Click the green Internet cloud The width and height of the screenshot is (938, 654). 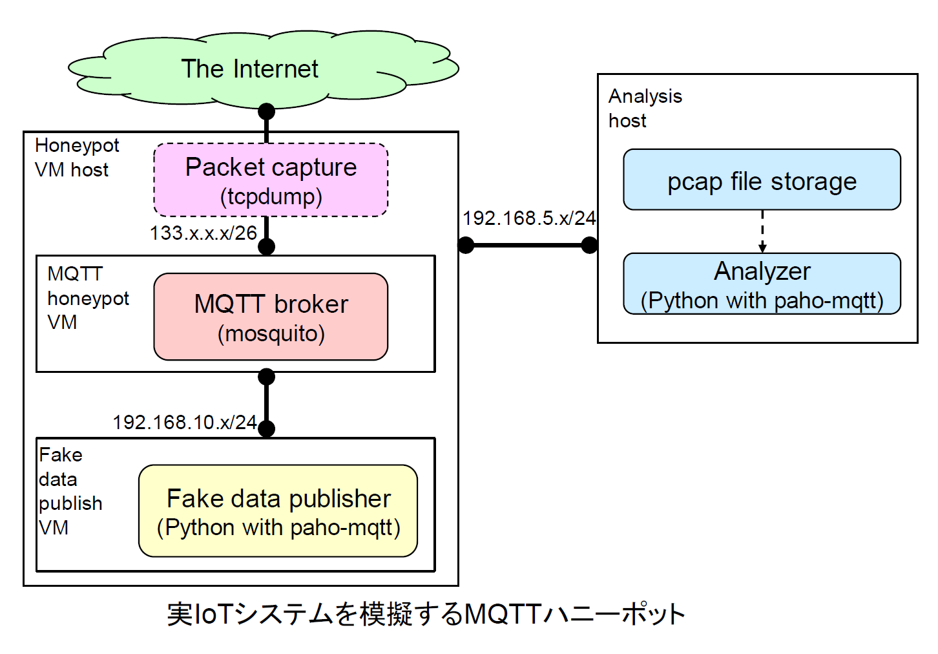coord(263,69)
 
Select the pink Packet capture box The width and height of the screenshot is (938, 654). coord(271,180)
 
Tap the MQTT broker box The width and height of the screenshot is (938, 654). coord(271,317)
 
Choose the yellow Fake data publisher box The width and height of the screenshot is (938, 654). coord(278,511)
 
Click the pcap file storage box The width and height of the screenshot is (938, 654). coord(762,180)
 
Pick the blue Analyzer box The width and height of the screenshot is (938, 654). coord(762,284)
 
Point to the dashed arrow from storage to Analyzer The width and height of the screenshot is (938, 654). coord(762,232)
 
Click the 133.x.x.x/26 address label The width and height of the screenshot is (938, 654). coord(203,233)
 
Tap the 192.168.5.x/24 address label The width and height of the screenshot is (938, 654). coord(529,218)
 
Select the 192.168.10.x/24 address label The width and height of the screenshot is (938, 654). coord(185,422)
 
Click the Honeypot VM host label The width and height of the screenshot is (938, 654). coord(77,158)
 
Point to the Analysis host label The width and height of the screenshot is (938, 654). coord(645,109)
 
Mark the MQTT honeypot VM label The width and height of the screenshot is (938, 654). coord(88,298)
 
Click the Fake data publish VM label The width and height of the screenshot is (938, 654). coord(70,491)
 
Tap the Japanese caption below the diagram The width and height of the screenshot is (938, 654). coord(426,614)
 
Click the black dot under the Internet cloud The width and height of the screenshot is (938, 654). coord(266,111)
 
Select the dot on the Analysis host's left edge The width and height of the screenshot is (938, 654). coord(589,245)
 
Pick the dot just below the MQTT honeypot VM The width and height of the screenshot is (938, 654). coord(266,377)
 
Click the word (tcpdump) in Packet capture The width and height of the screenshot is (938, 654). coord(271,196)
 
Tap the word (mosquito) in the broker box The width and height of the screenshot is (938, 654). coord(271,334)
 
